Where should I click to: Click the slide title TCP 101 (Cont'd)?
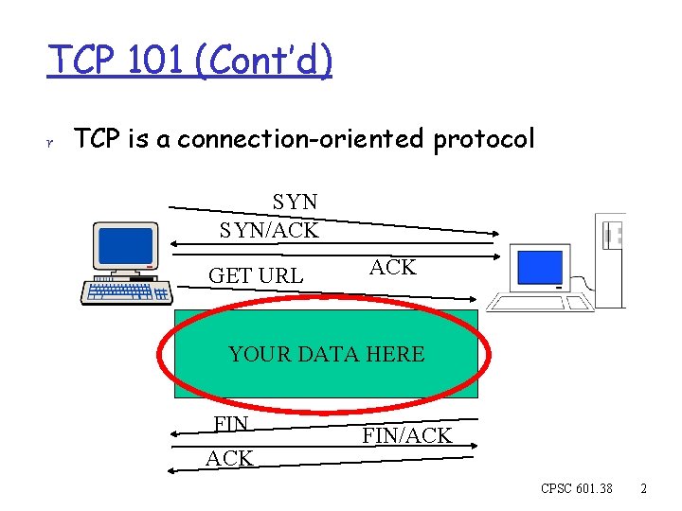[x=190, y=62]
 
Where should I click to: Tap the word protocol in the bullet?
[x=484, y=140]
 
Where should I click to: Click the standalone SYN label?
[x=295, y=202]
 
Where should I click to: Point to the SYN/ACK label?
[x=269, y=229]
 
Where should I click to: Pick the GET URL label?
[x=256, y=275]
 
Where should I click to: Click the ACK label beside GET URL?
[x=392, y=268]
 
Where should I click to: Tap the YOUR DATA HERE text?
[x=326, y=355]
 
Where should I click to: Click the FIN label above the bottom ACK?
[x=231, y=424]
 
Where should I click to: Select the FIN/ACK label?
[x=407, y=436]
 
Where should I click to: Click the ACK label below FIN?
[x=229, y=459]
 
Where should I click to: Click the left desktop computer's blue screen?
[x=125, y=245]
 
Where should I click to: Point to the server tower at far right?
[x=611, y=257]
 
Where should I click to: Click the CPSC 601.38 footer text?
[x=576, y=489]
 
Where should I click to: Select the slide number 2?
[x=643, y=489]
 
